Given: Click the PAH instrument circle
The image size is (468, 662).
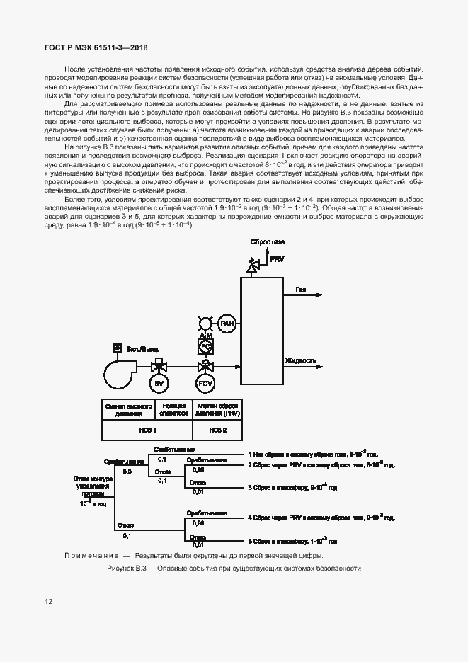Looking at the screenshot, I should (227, 324).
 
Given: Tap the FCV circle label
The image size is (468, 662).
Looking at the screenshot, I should (205, 384).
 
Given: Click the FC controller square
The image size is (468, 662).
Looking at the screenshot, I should (205, 347).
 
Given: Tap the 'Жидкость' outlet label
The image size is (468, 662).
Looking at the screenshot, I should (301, 360).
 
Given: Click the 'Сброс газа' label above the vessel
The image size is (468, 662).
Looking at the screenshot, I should (267, 242).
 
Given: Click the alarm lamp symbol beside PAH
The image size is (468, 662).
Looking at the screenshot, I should (205, 324).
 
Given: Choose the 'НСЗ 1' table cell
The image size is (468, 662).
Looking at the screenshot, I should (146, 430).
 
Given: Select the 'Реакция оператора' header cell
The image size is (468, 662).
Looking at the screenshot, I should (173, 409).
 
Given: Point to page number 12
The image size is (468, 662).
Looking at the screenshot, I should (48, 602).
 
